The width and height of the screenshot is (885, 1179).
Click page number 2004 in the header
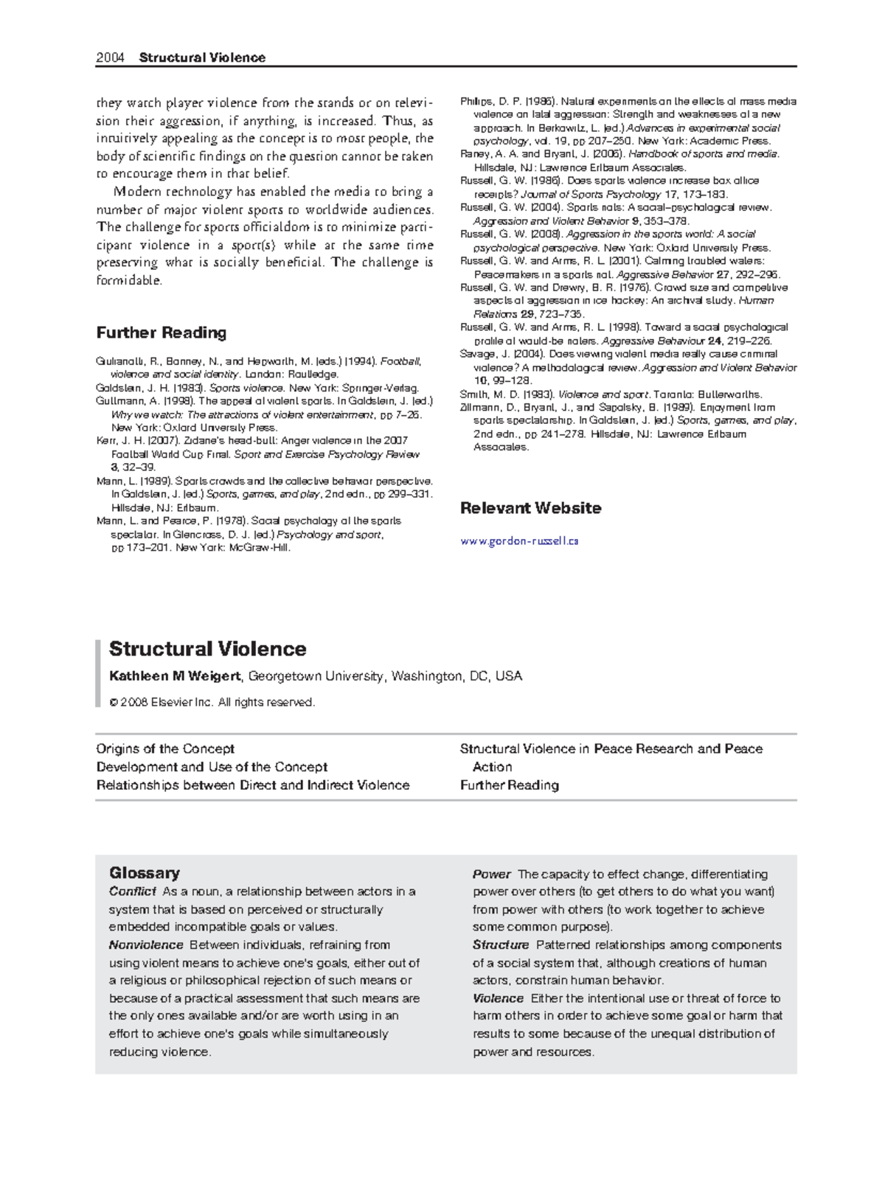pyautogui.click(x=110, y=58)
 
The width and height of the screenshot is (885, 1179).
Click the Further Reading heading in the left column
pyautogui.click(x=161, y=333)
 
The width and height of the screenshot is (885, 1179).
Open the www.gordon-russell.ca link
pyautogui.click(x=518, y=540)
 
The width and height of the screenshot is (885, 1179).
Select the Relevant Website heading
pyautogui.click(x=530, y=508)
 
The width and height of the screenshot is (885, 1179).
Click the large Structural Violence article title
pyautogui.click(x=207, y=649)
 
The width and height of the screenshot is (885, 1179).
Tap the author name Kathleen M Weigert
pyautogui.click(x=175, y=676)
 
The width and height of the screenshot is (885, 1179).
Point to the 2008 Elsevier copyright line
pyautogui.click(x=212, y=702)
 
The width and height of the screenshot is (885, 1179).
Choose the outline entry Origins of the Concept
pyautogui.click(x=165, y=748)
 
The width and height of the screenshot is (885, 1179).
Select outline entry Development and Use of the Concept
pyautogui.click(x=212, y=767)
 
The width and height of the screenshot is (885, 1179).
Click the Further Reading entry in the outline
pyautogui.click(x=509, y=785)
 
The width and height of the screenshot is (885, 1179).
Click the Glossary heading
pyautogui.click(x=145, y=873)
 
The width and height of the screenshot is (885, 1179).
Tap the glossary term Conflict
pyautogui.click(x=132, y=891)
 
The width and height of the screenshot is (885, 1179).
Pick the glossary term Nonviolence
pyautogui.click(x=146, y=945)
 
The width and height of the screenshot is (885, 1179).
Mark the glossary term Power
pyautogui.click(x=491, y=874)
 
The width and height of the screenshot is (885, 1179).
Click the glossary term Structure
pyautogui.click(x=501, y=945)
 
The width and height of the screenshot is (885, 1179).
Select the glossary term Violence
pyautogui.click(x=498, y=998)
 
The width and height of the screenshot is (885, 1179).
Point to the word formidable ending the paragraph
pyautogui.click(x=128, y=281)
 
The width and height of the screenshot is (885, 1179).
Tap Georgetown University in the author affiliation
pyautogui.click(x=316, y=676)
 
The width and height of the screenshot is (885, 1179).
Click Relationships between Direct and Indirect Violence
pyautogui.click(x=253, y=785)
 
